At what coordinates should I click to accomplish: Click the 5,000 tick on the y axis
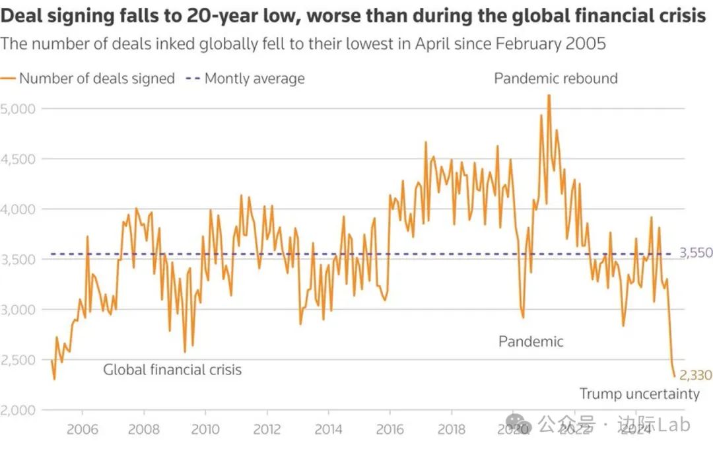click(18, 108)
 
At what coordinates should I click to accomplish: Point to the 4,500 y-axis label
click(18, 158)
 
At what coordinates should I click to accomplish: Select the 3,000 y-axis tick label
click(18, 309)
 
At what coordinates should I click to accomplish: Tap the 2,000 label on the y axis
click(18, 409)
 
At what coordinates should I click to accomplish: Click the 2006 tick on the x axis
click(83, 430)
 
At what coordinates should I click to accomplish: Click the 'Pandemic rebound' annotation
click(556, 79)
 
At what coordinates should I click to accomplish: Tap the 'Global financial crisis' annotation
click(172, 370)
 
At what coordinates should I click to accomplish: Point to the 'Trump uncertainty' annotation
click(639, 394)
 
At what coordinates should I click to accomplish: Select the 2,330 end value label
click(695, 376)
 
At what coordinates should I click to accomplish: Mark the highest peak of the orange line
click(549, 95)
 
